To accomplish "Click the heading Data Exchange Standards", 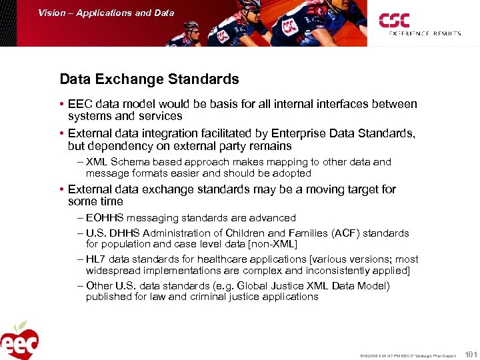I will [149, 79].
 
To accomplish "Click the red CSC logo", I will [394, 20].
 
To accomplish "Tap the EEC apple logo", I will [19, 341].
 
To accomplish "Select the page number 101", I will [470, 355].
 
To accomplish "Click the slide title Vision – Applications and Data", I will [106, 13].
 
